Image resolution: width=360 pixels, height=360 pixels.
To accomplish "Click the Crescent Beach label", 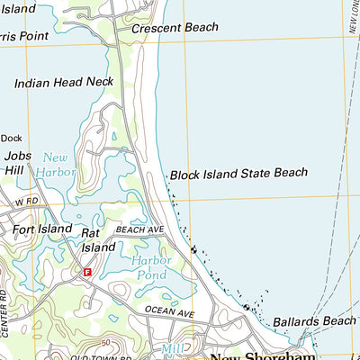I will point(175,29).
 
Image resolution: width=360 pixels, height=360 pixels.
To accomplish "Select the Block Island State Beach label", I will point(238,173).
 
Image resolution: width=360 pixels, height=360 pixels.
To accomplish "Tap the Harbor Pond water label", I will point(150,267).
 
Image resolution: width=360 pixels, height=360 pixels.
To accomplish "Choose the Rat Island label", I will point(98,239).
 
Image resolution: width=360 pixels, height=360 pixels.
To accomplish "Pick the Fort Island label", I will point(41,229).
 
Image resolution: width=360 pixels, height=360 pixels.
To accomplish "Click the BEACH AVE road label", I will point(139,231).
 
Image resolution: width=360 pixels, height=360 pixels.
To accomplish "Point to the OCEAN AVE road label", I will point(170,312).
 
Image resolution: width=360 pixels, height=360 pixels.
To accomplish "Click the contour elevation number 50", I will point(106,343).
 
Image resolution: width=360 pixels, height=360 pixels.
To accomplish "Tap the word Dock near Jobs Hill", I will point(10,138).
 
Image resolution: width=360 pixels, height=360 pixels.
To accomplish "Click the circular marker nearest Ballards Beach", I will point(246,308).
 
